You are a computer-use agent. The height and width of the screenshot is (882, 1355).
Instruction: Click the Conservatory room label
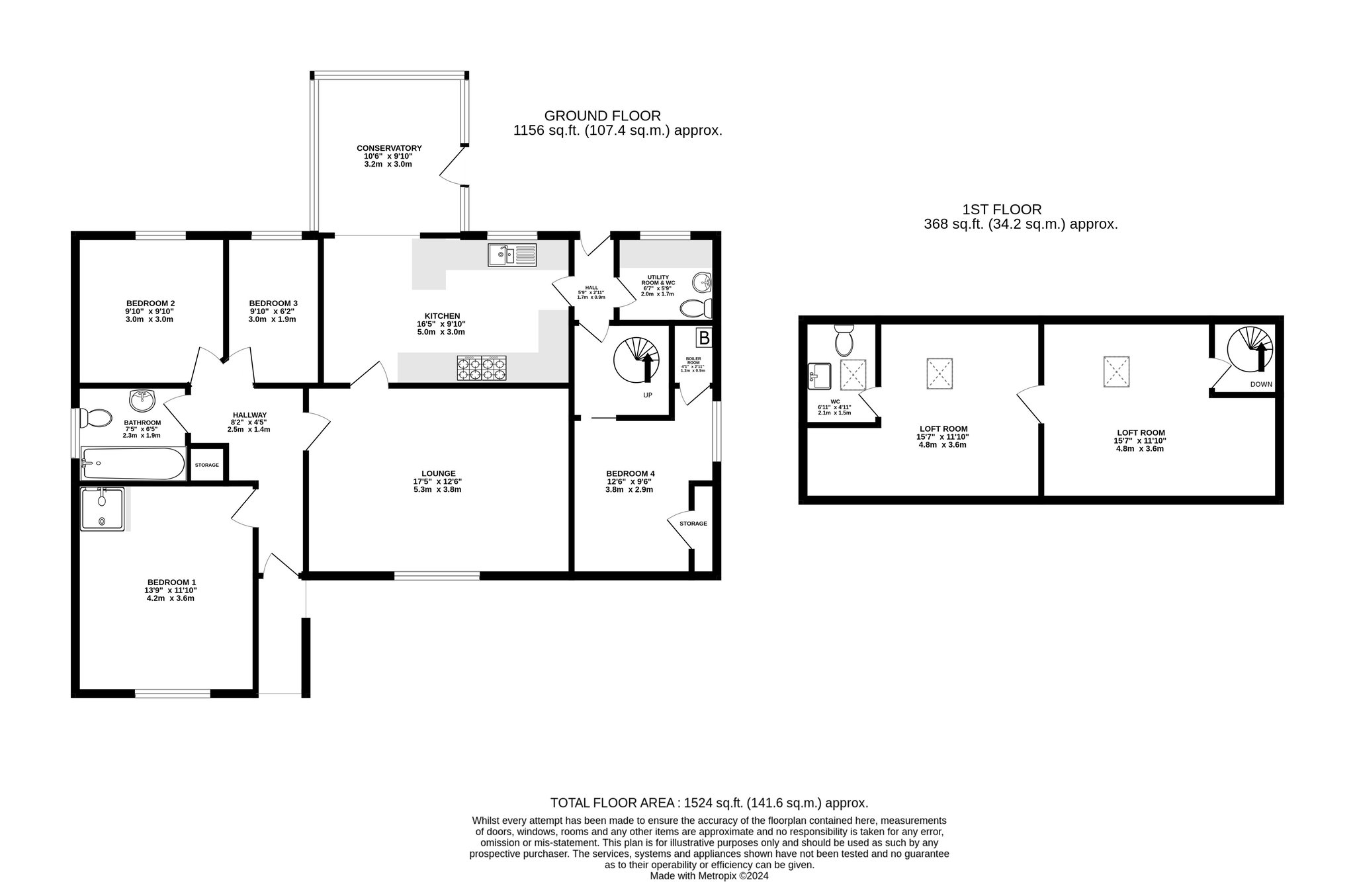(x=389, y=148)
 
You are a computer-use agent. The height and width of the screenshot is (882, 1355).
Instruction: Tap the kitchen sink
(x=513, y=255)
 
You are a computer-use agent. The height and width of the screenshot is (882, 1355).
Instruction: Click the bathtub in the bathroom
(x=133, y=463)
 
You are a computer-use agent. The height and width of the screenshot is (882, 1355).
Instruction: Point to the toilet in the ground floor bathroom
(x=95, y=419)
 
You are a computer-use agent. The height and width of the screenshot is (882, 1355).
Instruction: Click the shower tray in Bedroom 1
(x=102, y=509)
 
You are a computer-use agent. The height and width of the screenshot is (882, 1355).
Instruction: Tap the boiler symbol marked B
(x=704, y=339)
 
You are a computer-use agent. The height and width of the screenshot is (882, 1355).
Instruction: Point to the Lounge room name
(x=439, y=473)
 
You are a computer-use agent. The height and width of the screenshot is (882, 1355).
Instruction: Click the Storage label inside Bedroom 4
(x=693, y=524)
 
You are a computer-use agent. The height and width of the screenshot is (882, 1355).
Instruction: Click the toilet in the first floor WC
(x=844, y=340)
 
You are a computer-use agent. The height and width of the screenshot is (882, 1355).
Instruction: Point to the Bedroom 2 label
(x=150, y=303)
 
